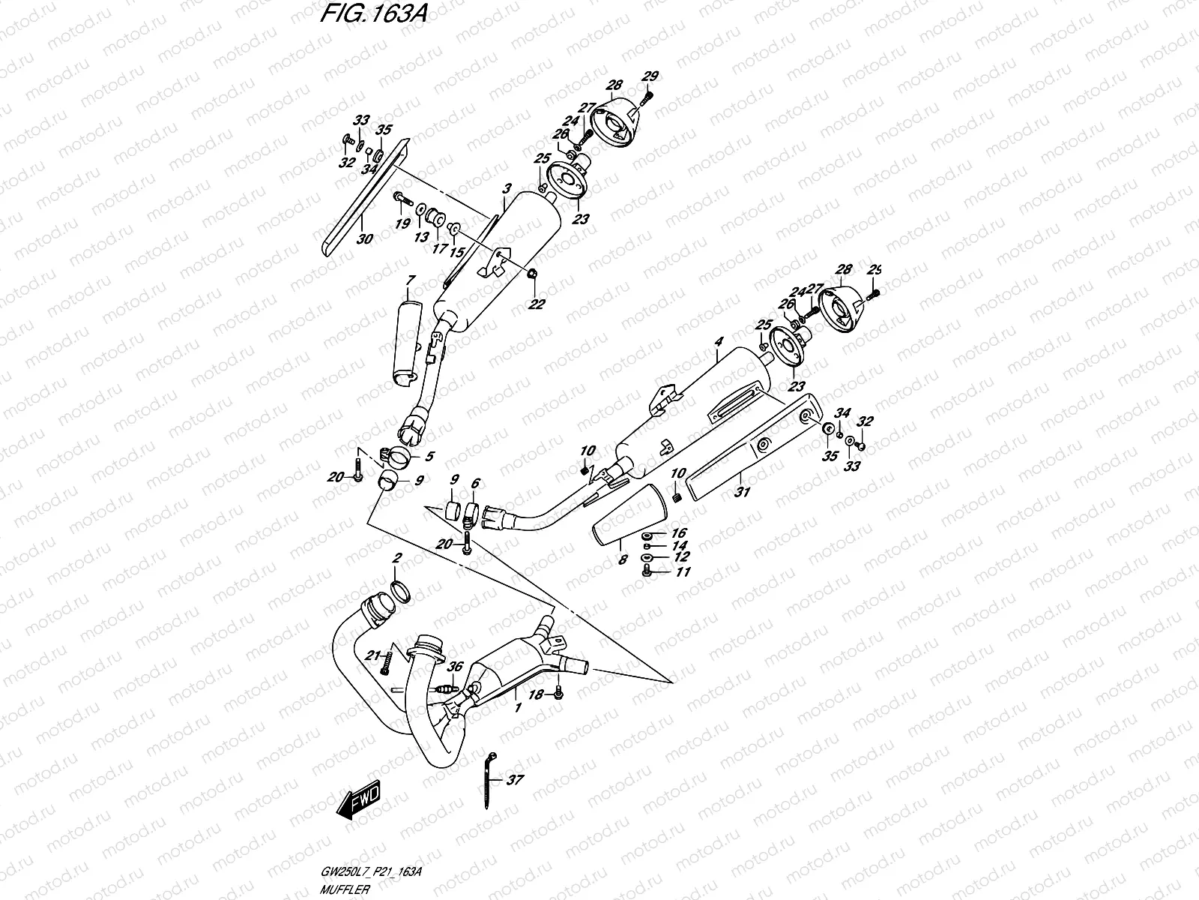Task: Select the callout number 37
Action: pyautogui.click(x=514, y=780)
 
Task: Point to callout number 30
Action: pyautogui.click(x=364, y=240)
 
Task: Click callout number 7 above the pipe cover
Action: pyautogui.click(x=410, y=280)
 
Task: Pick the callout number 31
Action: pyautogui.click(x=743, y=492)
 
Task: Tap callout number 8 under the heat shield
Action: pyautogui.click(x=622, y=558)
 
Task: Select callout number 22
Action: pyautogui.click(x=537, y=304)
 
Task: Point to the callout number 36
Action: pyautogui.click(x=454, y=666)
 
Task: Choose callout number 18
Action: pyautogui.click(x=535, y=696)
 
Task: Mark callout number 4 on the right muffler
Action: pyautogui.click(x=718, y=341)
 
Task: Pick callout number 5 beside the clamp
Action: pyautogui.click(x=429, y=455)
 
